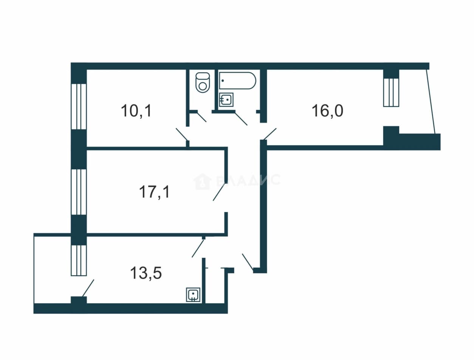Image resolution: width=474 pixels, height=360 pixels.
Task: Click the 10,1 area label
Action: pyautogui.click(x=136, y=111)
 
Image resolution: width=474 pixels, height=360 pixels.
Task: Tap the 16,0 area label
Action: pyautogui.click(x=327, y=111)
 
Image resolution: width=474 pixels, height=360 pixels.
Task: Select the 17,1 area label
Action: pyautogui.click(x=154, y=192)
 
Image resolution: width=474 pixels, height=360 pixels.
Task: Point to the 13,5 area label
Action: pyautogui.click(x=146, y=273)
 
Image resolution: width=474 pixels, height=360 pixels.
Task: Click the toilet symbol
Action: pyautogui.click(x=203, y=82)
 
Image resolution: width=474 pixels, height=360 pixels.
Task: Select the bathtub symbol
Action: pyautogui.click(x=237, y=81)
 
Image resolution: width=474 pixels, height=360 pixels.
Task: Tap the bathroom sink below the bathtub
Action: pyautogui.click(x=226, y=100)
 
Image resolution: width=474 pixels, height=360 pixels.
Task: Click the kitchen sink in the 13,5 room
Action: pyautogui.click(x=193, y=295)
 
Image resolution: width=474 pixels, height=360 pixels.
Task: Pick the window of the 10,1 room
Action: pyautogui.click(x=79, y=107)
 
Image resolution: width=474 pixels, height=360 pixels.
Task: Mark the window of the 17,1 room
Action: pyautogui.click(x=79, y=192)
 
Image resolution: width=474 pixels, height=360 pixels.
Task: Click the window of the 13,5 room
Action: pyautogui.click(x=79, y=261)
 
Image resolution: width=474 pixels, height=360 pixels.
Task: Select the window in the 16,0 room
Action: pyautogui.click(x=391, y=92)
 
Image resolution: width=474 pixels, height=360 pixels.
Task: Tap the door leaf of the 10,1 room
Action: pyautogui.click(x=181, y=134)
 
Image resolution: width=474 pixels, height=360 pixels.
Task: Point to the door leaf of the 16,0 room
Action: pyautogui.click(x=270, y=134)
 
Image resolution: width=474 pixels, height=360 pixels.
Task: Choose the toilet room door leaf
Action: pyautogui.click(x=201, y=117)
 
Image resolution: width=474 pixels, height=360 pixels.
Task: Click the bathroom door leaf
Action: pyautogui.click(x=241, y=119)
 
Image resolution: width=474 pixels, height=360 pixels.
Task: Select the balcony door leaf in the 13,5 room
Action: pyautogui.click(x=88, y=288)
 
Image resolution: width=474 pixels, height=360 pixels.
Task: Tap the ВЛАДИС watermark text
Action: pyautogui.click(x=248, y=180)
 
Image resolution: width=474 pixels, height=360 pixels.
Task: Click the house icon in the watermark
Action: pyautogui.click(x=202, y=182)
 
